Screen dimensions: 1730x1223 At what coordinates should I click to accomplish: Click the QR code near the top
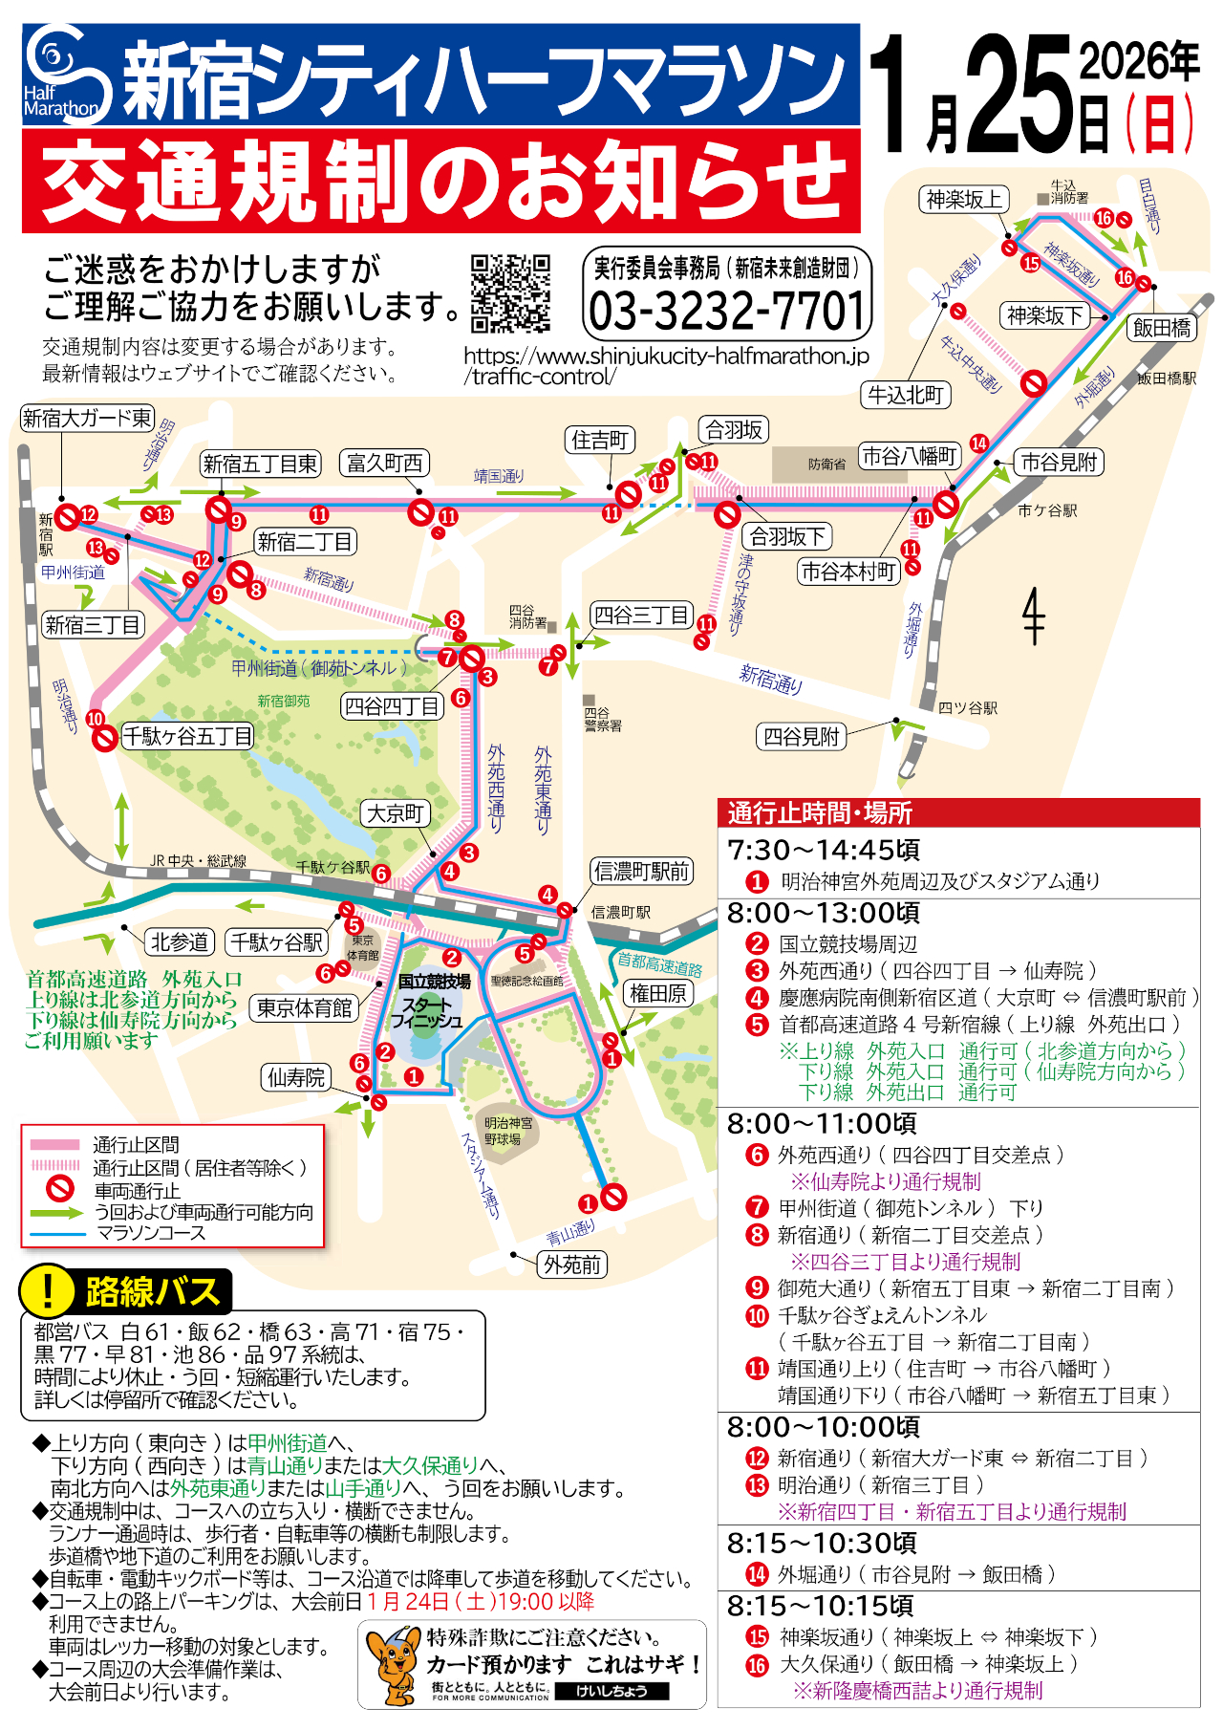[x=510, y=292]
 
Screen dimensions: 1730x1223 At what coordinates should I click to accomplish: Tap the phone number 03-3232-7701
[x=727, y=311]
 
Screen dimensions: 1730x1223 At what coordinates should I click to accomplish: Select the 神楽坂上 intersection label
[x=963, y=200]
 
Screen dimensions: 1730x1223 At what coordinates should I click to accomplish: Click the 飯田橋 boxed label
[x=1162, y=328]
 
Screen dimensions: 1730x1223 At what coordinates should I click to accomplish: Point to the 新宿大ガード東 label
[x=87, y=418]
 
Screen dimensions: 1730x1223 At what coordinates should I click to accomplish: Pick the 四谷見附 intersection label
[x=802, y=737]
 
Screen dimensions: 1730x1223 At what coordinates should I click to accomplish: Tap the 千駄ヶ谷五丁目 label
[x=187, y=736]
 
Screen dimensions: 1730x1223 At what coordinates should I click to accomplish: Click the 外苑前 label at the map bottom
[x=572, y=1265]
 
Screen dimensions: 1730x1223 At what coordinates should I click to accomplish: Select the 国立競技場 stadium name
[x=434, y=982]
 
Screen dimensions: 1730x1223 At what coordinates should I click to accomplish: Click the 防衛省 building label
[x=826, y=465]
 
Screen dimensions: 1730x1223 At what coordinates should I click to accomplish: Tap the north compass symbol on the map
[x=1034, y=616]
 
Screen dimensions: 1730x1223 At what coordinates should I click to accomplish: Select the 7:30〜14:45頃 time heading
[x=823, y=850]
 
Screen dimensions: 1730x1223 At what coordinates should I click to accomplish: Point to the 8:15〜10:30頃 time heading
[x=822, y=1543]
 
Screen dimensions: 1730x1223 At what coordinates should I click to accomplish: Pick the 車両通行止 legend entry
[x=137, y=1191]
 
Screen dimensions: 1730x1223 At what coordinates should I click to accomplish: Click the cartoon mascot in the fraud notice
[x=392, y=1665]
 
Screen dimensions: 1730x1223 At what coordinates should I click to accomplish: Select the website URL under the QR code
[x=666, y=366]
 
